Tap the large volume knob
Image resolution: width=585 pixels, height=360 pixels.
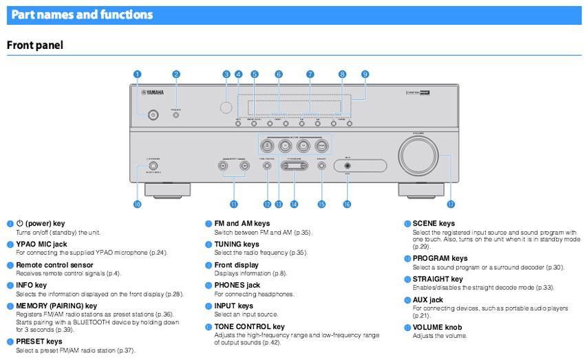[x=419, y=157]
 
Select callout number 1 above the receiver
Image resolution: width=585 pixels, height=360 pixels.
[x=138, y=74]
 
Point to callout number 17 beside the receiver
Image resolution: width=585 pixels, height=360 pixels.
[x=451, y=204]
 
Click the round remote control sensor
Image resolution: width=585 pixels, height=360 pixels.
[x=225, y=108]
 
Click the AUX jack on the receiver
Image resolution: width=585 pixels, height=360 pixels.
[x=348, y=165]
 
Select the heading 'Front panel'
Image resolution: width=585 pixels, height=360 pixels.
[x=34, y=45]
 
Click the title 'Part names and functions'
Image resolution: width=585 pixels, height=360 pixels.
[x=82, y=14]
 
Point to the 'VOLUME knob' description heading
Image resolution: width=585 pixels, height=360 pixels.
[x=437, y=328]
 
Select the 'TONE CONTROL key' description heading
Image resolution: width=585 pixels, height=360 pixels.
[x=249, y=326]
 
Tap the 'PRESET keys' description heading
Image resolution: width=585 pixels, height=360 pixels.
[x=39, y=341]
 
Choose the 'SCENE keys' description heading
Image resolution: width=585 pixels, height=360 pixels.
[x=434, y=224]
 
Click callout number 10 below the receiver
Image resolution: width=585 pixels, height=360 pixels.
[x=137, y=204]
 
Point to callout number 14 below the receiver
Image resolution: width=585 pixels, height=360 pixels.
[x=294, y=204]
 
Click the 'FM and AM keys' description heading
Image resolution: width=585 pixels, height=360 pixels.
[x=242, y=224]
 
